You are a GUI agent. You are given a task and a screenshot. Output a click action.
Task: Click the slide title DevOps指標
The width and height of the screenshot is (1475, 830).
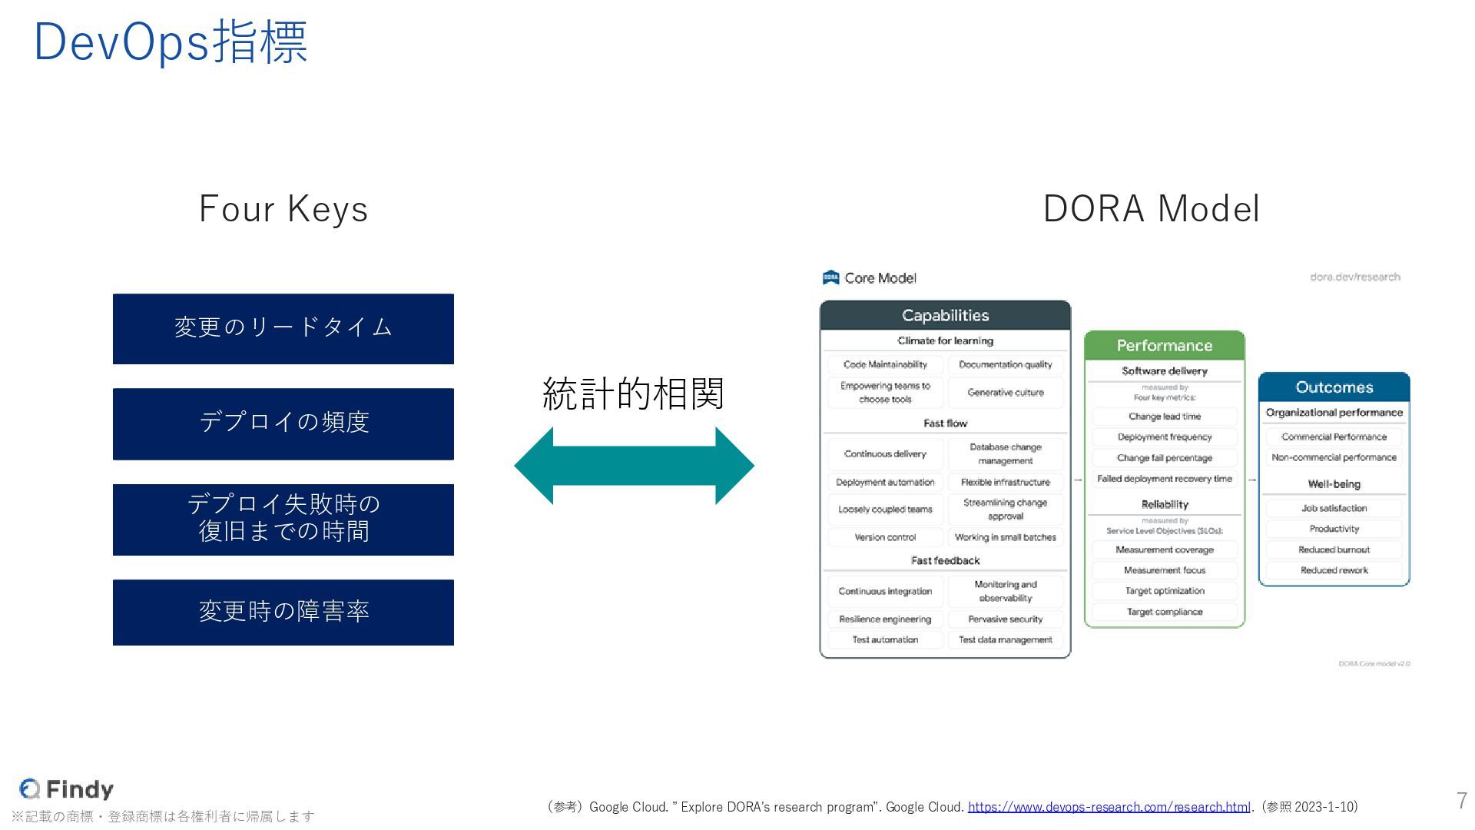[x=171, y=41]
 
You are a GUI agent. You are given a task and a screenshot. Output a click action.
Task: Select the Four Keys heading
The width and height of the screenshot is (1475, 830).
[x=283, y=209]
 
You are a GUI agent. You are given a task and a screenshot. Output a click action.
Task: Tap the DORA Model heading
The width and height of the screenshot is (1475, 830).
[x=1151, y=209]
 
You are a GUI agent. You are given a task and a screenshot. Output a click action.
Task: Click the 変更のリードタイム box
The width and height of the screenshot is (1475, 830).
[x=283, y=328]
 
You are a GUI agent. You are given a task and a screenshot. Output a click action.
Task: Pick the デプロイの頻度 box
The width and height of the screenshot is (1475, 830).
[x=283, y=423]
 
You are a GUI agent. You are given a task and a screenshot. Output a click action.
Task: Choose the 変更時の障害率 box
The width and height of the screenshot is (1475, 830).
[x=283, y=612]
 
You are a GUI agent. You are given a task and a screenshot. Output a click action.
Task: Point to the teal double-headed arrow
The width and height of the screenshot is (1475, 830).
[x=634, y=466]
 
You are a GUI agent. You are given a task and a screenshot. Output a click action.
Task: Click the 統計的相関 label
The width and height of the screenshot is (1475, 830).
[x=633, y=393]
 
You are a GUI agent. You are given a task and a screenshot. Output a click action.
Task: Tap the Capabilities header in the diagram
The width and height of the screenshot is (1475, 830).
[x=945, y=316]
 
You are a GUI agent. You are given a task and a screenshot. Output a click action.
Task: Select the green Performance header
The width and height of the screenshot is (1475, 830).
[x=1164, y=346]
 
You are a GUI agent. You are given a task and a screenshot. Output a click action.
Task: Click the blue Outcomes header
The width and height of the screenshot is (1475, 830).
[x=1334, y=387]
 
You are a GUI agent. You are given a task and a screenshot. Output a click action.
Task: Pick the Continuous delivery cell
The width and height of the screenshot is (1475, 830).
[x=885, y=454]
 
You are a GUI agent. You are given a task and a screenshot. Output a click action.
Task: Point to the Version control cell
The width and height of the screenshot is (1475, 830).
[x=885, y=537]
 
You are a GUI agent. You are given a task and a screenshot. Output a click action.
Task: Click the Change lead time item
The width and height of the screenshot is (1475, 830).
[x=1164, y=417]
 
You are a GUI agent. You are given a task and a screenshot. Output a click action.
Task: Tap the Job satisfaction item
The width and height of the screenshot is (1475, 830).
[x=1334, y=508]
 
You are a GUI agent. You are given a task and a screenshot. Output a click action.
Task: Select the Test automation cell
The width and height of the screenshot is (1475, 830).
[x=885, y=639]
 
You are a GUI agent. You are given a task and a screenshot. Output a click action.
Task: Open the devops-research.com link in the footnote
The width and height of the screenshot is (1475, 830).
[x=1109, y=807]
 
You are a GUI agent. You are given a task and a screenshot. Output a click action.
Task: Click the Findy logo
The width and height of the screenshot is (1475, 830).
[x=67, y=788]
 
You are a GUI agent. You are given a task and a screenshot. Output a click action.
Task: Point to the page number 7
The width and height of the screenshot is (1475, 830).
[x=1461, y=801]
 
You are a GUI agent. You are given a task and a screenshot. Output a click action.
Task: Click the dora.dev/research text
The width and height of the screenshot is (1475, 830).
[x=1354, y=277]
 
